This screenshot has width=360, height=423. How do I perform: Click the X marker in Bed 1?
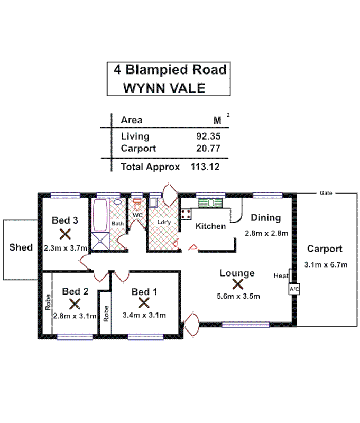click(144, 303)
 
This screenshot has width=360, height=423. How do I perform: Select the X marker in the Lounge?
click(237, 284)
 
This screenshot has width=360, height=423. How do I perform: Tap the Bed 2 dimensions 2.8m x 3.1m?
click(75, 316)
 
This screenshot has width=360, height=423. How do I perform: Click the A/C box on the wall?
click(293, 290)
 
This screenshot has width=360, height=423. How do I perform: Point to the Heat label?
click(281, 275)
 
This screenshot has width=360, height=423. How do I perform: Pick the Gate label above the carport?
click(326, 193)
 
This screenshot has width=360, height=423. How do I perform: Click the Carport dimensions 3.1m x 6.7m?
click(326, 265)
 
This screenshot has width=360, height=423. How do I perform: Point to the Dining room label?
click(266, 218)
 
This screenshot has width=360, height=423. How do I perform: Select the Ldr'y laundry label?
click(164, 223)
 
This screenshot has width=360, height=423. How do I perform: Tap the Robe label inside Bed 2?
click(48, 301)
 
